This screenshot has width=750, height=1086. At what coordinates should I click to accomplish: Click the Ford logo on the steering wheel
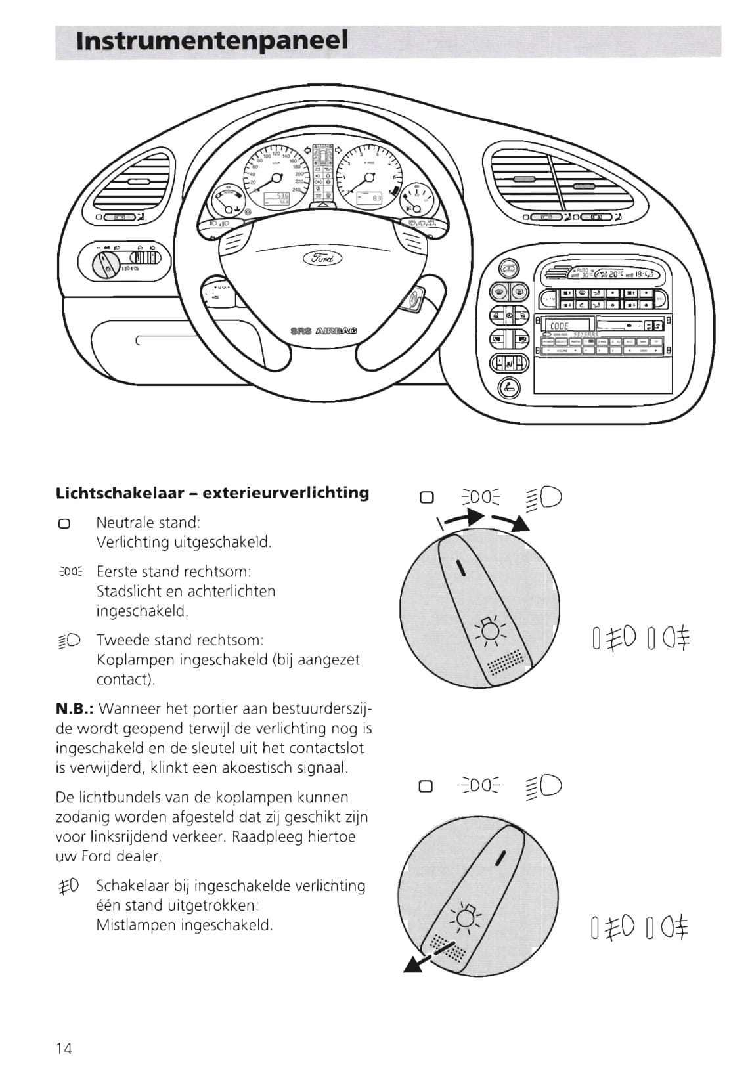point(322,257)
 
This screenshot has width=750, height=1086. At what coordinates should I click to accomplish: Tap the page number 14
point(64,1048)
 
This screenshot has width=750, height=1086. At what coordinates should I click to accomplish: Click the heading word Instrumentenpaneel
point(211,41)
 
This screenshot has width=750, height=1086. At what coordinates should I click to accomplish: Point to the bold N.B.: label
point(76,709)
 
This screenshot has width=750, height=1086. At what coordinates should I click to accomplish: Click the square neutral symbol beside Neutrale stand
point(64,524)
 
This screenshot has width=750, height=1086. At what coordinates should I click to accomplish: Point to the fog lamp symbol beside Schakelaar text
point(69,886)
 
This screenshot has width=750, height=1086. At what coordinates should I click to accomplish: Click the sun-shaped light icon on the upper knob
point(489,630)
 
